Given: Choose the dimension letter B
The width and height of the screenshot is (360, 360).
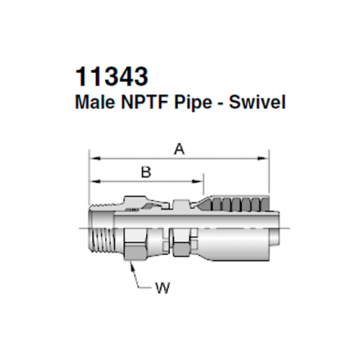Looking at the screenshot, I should pos(145,172).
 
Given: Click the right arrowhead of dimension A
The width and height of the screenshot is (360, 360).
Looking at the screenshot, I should pos(264,156).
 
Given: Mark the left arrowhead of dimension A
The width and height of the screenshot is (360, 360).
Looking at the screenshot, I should pos(92,156).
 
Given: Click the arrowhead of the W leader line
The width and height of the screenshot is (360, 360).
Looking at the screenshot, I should pos(131,264).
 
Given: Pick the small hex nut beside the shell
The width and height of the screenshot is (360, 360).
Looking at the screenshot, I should pos(181,241).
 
